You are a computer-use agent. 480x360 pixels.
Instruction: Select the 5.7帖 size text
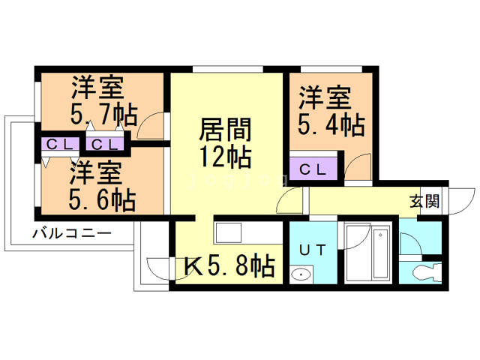104,115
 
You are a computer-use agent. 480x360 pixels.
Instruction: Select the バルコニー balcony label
71,234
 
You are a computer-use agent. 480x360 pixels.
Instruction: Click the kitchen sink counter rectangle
226,233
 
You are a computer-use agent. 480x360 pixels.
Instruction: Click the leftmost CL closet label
58,144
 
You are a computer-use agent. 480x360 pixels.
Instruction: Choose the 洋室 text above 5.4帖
325,97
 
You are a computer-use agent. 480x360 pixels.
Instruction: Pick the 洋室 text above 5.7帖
97,88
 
